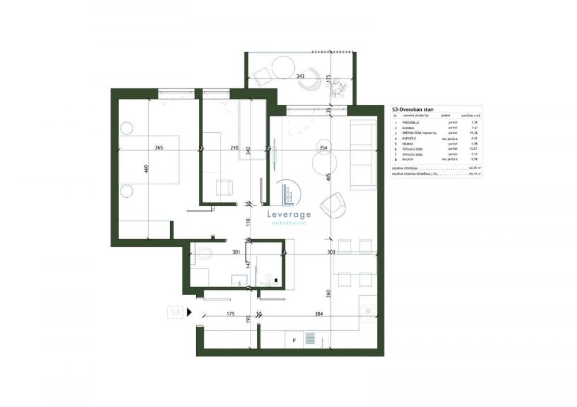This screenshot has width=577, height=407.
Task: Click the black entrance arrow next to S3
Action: point(189,312)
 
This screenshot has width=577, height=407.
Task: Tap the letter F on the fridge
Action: point(294,340)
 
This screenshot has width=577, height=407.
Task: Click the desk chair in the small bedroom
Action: point(224,186)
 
